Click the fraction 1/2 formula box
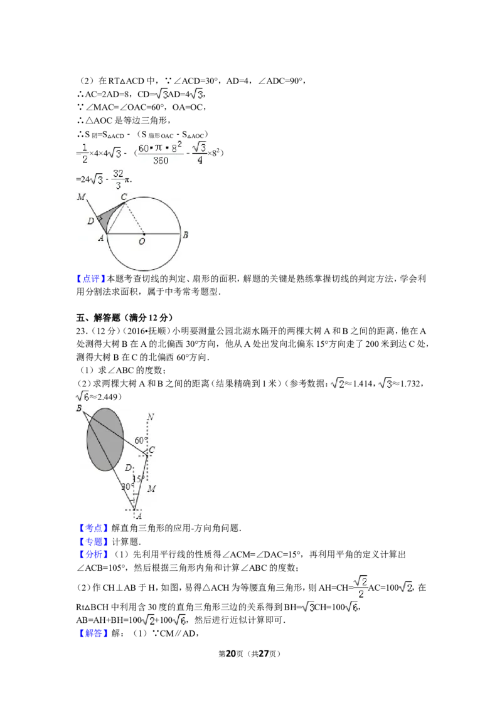tap(85, 153)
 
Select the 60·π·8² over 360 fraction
tap(161, 153)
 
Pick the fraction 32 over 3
tap(118, 179)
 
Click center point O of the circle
tap(143, 234)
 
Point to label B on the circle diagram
tap(186, 235)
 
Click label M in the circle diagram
tap(80, 198)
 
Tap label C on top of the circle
tap(124, 197)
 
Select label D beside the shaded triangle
tap(90, 221)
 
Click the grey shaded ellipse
tap(105, 439)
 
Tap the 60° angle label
tap(140, 440)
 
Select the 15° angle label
tap(138, 479)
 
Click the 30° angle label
tap(127, 487)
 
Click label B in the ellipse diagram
tap(79, 408)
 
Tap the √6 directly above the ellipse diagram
tap(83, 396)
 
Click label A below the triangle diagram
tap(138, 516)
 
